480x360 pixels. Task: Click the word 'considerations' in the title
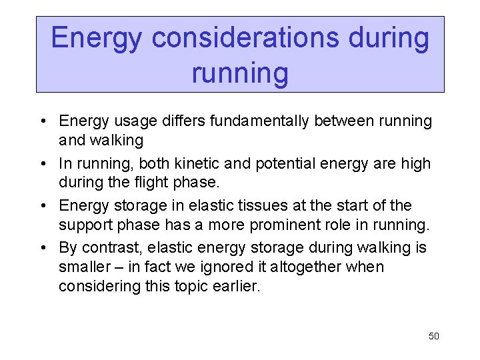tap(244, 38)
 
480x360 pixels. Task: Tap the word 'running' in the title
tap(240, 73)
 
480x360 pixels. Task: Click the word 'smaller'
tap(85, 267)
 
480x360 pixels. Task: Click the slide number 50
tap(433, 336)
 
